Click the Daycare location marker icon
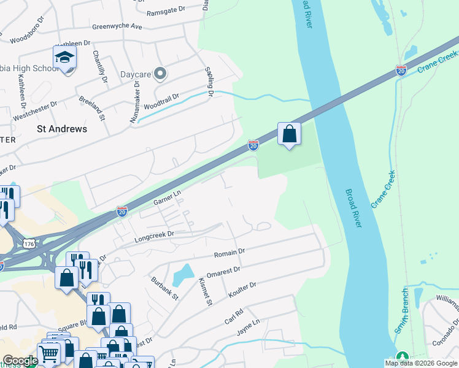[160, 74]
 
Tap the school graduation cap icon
[64, 58]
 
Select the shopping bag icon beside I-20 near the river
[289, 134]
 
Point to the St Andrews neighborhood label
[62, 129]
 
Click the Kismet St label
[205, 292]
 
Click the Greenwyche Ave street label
[117, 27]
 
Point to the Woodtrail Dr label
[161, 101]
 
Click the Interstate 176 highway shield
[28, 243]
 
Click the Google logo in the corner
[21, 361]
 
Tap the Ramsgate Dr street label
[166, 11]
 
